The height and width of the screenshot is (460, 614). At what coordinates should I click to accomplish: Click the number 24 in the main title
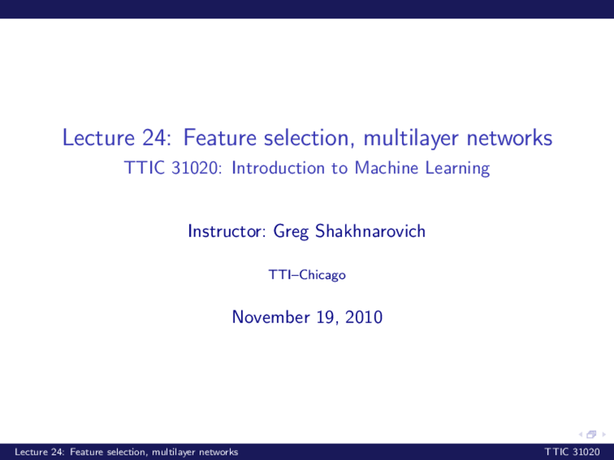(153, 138)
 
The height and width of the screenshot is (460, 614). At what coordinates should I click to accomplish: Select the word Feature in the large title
(220, 138)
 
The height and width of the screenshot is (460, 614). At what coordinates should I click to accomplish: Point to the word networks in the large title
(509, 138)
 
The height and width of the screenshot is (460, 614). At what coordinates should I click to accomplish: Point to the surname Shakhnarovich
(370, 231)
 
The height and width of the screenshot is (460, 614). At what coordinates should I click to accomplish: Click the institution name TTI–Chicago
(307, 275)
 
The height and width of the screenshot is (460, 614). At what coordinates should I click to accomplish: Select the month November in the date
(271, 317)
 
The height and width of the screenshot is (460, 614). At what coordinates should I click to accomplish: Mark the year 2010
(364, 317)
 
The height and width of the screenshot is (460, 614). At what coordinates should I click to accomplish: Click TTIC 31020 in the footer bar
(572, 452)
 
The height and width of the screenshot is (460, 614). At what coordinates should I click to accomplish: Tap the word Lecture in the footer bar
(31, 452)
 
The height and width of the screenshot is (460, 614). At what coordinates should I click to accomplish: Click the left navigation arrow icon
(580, 435)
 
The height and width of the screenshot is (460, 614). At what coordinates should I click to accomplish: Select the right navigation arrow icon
(603, 435)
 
